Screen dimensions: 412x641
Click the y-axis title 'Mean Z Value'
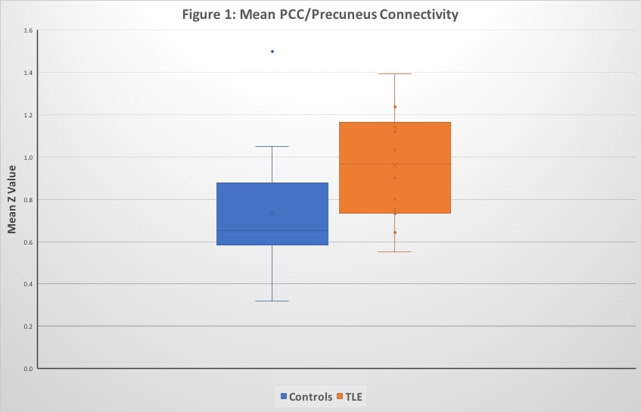(x=12, y=200)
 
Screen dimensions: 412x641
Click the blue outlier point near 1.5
(x=272, y=51)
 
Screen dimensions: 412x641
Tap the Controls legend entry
(x=305, y=396)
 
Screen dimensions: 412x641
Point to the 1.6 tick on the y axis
(x=27, y=31)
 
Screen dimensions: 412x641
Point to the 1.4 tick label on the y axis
(x=27, y=73)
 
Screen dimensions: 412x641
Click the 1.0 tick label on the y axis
(x=27, y=158)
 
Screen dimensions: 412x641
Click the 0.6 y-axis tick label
(x=27, y=242)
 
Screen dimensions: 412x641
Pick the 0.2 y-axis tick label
(x=27, y=326)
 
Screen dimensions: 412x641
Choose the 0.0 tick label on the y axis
(x=27, y=369)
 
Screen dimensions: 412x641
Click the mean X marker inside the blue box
(x=272, y=213)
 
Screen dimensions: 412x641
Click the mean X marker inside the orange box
(x=395, y=165)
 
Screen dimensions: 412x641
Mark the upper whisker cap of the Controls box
(x=272, y=146)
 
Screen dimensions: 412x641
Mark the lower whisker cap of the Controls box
(x=272, y=301)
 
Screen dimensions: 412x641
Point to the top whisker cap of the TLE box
(x=395, y=73)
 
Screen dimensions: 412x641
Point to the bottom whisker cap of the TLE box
(x=395, y=251)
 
